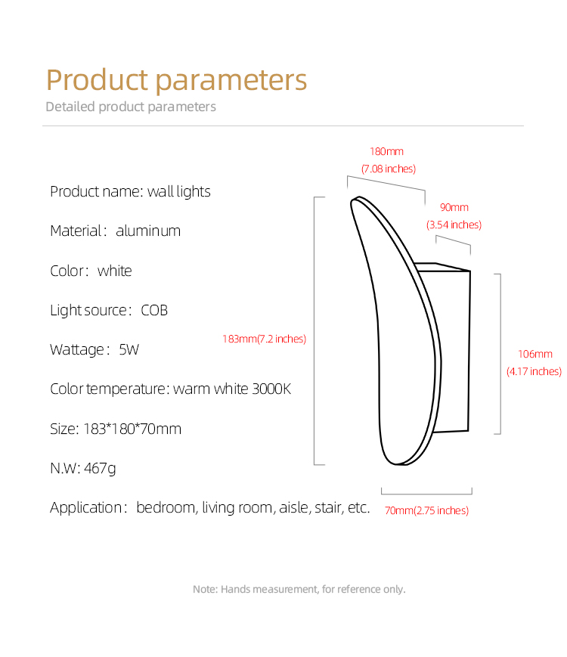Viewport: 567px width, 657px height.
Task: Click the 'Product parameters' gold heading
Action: click(176, 80)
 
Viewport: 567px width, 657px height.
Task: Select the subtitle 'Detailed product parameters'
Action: click(131, 107)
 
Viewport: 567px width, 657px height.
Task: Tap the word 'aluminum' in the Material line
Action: click(148, 231)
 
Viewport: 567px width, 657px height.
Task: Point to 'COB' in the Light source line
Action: click(154, 311)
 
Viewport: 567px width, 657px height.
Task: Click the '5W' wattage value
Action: click(129, 349)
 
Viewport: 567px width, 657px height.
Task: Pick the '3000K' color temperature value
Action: click(271, 389)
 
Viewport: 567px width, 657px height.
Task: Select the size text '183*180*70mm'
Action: click(132, 429)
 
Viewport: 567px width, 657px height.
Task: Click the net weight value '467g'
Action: click(100, 469)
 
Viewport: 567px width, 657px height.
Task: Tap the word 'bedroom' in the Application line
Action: click(166, 507)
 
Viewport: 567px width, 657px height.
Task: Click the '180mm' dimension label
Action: click(386, 151)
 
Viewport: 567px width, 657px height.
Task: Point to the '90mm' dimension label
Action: click(454, 207)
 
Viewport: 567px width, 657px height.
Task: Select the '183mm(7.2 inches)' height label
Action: click(264, 339)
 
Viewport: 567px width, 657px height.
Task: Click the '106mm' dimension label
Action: click(535, 354)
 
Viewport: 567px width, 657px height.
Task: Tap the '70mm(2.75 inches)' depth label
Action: click(426, 510)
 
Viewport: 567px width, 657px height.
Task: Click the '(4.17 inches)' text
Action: click(534, 372)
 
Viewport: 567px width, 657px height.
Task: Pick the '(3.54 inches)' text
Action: click(454, 225)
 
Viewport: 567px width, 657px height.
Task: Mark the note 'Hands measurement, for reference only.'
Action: click(313, 589)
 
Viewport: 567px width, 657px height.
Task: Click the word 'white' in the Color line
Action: click(114, 271)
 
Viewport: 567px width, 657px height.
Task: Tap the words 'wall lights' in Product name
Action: click(179, 191)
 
